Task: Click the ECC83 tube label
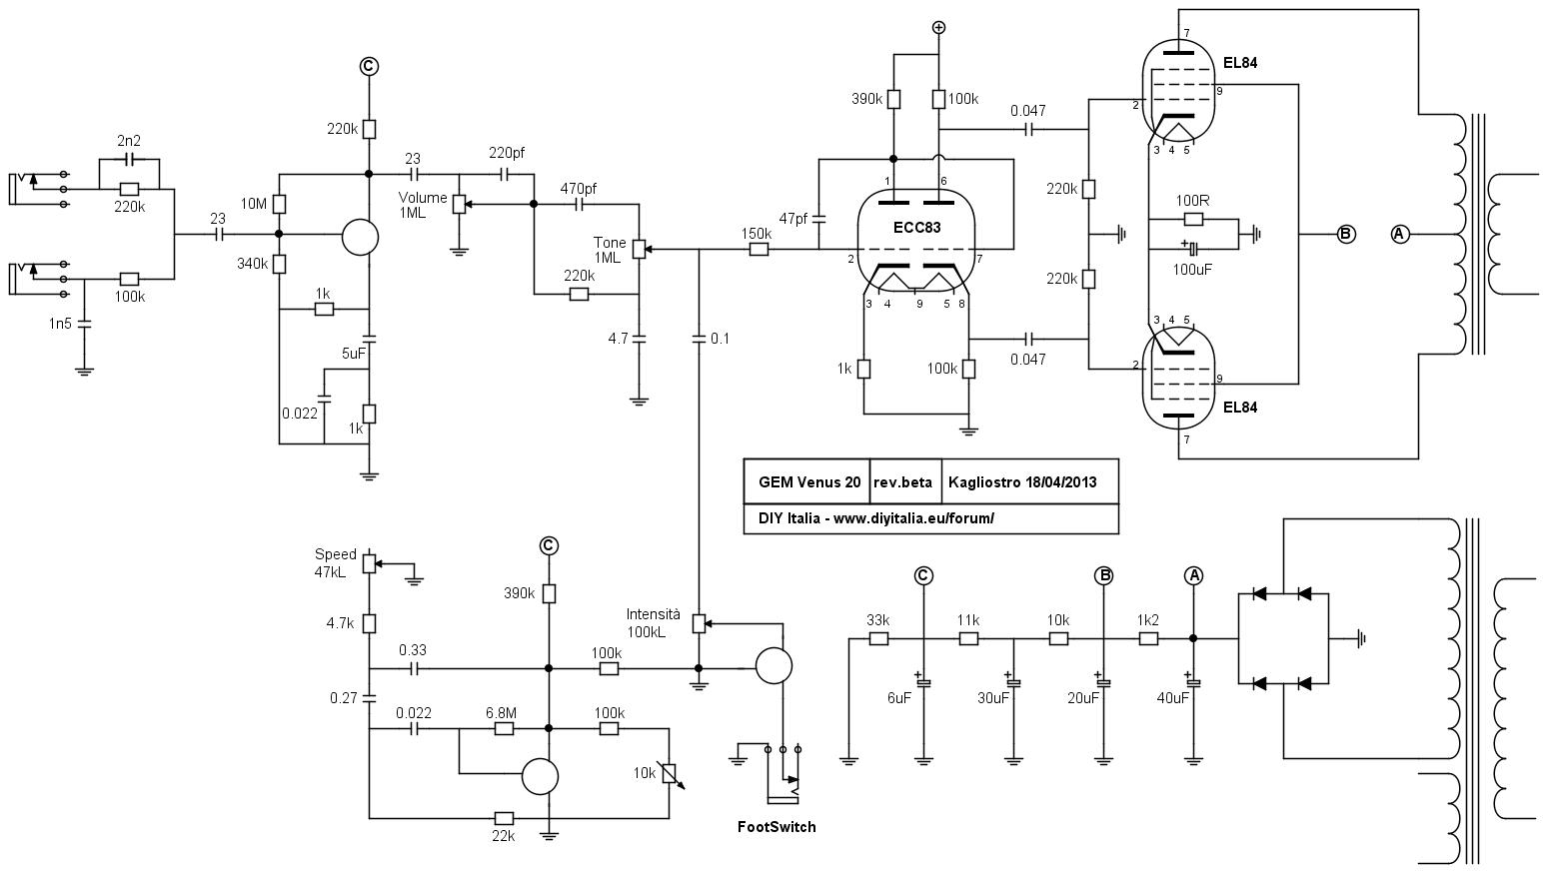[x=916, y=227]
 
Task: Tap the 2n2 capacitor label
[x=129, y=141]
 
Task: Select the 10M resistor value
[x=254, y=204]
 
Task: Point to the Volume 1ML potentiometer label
[x=422, y=205]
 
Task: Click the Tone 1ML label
[x=610, y=250]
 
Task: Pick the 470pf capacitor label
[x=578, y=188]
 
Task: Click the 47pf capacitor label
[x=792, y=219]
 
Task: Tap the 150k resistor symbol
[x=759, y=250]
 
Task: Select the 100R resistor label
[x=1192, y=201]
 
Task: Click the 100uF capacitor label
[x=1192, y=270]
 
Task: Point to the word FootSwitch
[x=776, y=826]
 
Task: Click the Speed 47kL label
[x=336, y=562]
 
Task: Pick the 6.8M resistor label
[x=501, y=712]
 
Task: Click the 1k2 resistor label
[x=1148, y=620]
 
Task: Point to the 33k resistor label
[x=877, y=620]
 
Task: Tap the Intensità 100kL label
[x=653, y=622]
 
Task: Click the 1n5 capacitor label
[x=60, y=323]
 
